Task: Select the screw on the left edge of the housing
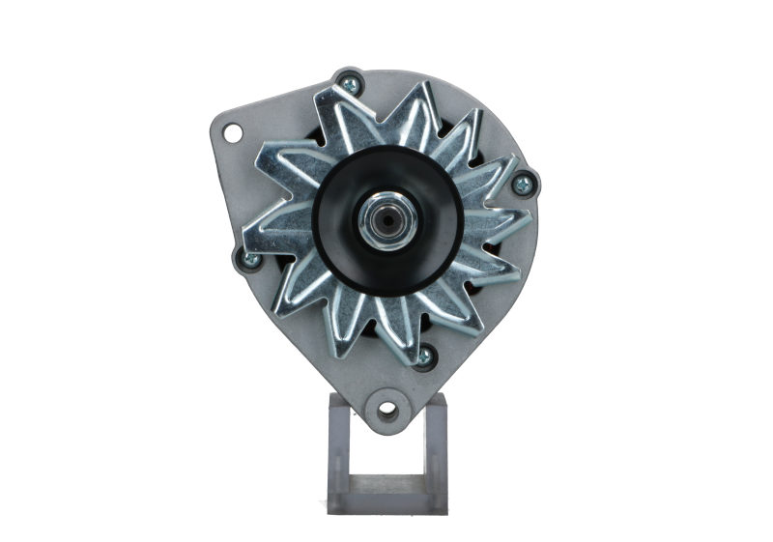pyautogui.click(x=241, y=256)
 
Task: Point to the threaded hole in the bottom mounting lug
pyautogui.click(x=386, y=409)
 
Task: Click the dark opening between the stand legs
pyautogui.click(x=386, y=454)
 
